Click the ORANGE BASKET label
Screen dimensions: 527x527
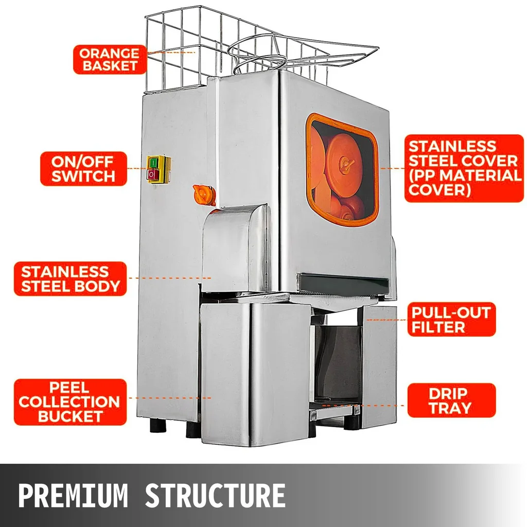click(110, 60)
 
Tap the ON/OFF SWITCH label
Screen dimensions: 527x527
click(83, 169)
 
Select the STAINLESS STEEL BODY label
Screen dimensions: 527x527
click(70, 278)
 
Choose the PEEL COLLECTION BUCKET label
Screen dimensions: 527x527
click(70, 402)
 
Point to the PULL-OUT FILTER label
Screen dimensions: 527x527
click(451, 319)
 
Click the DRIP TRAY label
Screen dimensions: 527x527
click(451, 400)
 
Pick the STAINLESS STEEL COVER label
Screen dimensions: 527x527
click(464, 168)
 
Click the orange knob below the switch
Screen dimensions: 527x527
click(204, 195)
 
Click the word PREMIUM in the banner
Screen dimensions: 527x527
click(73, 495)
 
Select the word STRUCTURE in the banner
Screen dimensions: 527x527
click(215, 495)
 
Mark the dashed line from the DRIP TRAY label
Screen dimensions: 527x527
click(363, 406)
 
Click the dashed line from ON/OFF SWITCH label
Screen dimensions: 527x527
click(137, 168)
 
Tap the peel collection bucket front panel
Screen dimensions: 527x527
click(255, 373)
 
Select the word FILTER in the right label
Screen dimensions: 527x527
click(438, 327)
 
